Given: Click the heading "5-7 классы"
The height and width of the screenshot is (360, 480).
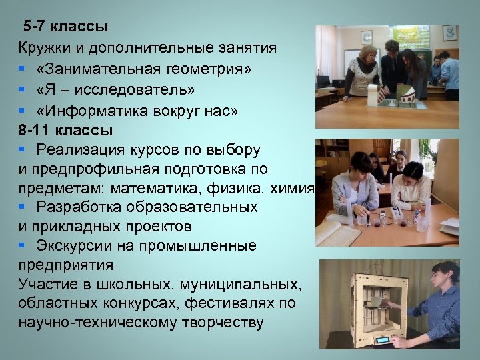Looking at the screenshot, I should (65, 27).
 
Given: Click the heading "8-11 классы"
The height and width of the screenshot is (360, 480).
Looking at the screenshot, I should (65, 129).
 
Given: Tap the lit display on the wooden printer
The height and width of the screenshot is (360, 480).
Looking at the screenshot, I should (383, 340).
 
